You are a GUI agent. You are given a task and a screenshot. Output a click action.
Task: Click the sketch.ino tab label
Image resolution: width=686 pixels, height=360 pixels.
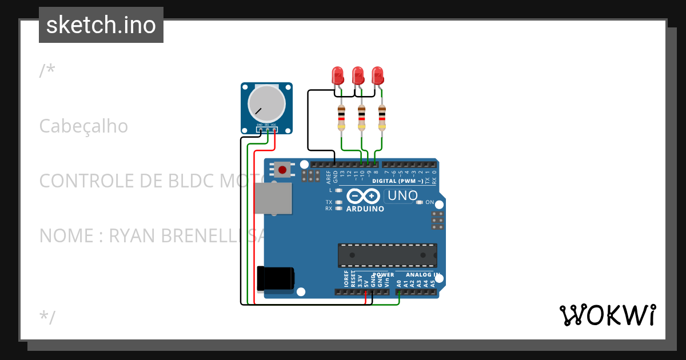coord(101,25)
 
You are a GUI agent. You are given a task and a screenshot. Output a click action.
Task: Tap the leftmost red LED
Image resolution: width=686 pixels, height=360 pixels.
coord(337,75)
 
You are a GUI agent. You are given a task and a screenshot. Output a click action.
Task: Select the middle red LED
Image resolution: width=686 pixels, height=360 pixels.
coord(358,75)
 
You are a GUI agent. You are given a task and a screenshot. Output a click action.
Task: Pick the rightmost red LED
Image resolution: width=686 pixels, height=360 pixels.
coord(377,75)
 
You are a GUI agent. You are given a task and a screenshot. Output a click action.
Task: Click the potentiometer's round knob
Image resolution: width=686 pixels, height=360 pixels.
coord(266,103)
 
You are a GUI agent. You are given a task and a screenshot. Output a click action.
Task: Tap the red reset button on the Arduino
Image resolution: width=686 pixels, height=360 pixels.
coord(282,169)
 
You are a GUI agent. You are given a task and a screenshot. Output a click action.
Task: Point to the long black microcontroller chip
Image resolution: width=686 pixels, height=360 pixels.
coord(387,255)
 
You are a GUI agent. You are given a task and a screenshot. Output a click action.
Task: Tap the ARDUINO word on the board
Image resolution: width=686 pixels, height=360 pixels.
coord(366,209)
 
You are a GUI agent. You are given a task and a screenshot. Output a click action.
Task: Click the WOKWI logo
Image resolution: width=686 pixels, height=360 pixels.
coord(607,315)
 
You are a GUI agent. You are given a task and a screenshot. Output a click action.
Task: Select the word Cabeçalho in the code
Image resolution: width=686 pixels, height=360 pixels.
coord(83,126)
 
